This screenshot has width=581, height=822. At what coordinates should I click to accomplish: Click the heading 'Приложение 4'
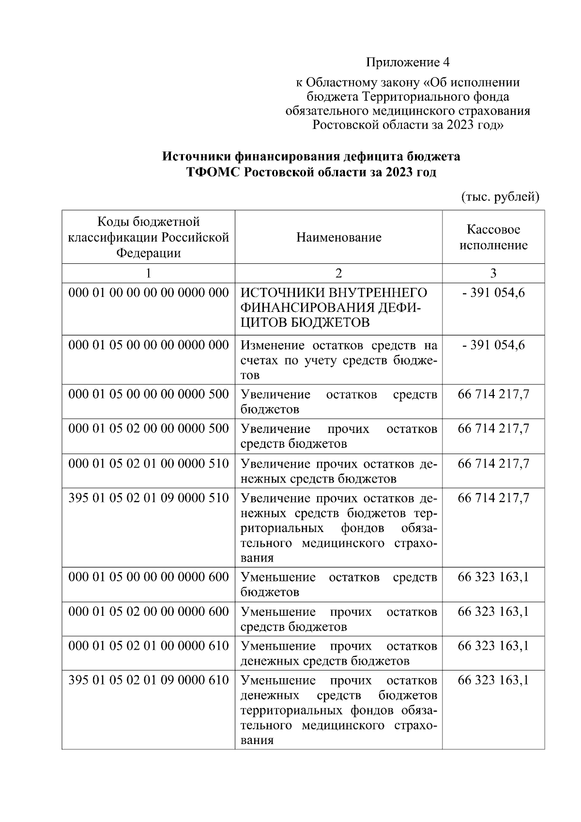(408, 62)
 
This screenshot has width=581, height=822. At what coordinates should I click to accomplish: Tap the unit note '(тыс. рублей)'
(499, 197)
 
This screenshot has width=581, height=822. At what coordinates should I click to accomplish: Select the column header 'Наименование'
(338, 237)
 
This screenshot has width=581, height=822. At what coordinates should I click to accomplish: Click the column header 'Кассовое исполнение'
(493, 237)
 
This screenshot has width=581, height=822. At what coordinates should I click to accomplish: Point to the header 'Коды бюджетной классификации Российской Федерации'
(148, 237)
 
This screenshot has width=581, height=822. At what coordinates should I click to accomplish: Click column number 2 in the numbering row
(338, 274)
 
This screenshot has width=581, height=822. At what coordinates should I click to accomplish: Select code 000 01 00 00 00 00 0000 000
(148, 293)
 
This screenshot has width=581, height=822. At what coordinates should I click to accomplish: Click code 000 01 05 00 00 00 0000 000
(148, 345)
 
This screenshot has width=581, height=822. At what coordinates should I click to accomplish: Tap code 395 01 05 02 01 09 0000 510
(148, 498)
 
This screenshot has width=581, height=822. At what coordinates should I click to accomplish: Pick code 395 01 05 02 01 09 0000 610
(148, 680)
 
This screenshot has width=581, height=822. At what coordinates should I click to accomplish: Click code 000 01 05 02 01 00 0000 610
(148, 646)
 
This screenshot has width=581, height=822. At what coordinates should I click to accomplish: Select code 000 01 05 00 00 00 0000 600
(148, 577)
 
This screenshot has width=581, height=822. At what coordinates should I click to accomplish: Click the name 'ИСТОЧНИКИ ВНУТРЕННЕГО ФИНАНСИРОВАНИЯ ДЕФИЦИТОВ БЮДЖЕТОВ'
(334, 308)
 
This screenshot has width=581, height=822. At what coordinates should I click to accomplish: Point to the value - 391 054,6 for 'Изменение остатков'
(493, 345)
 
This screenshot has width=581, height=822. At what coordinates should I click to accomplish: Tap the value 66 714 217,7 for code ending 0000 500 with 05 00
(493, 394)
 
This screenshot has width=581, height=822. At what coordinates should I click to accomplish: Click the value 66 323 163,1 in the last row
(493, 680)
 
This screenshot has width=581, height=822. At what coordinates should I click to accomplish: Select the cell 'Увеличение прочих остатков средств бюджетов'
(338, 436)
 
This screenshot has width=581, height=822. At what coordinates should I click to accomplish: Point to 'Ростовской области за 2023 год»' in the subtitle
(408, 125)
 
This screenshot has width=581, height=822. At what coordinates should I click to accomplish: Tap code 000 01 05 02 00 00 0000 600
(148, 611)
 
